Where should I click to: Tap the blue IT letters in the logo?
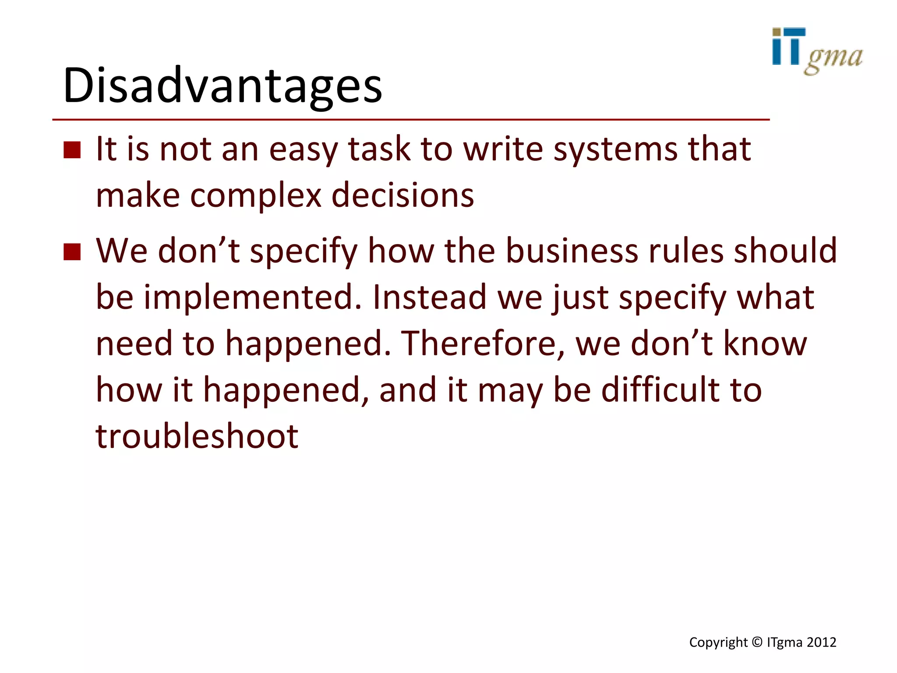tap(788, 47)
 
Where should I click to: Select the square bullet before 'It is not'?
tap(72, 150)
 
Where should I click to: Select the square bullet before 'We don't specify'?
tap(72, 252)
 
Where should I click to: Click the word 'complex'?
tap(256, 195)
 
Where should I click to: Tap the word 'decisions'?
tap(403, 195)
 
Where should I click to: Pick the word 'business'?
tap(572, 251)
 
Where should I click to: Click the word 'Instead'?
tap(429, 298)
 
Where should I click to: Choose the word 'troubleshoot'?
tap(197, 436)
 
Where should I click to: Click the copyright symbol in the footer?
tap(757, 642)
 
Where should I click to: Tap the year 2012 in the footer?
tap(821, 642)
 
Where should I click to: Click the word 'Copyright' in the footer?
tap(718, 643)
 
